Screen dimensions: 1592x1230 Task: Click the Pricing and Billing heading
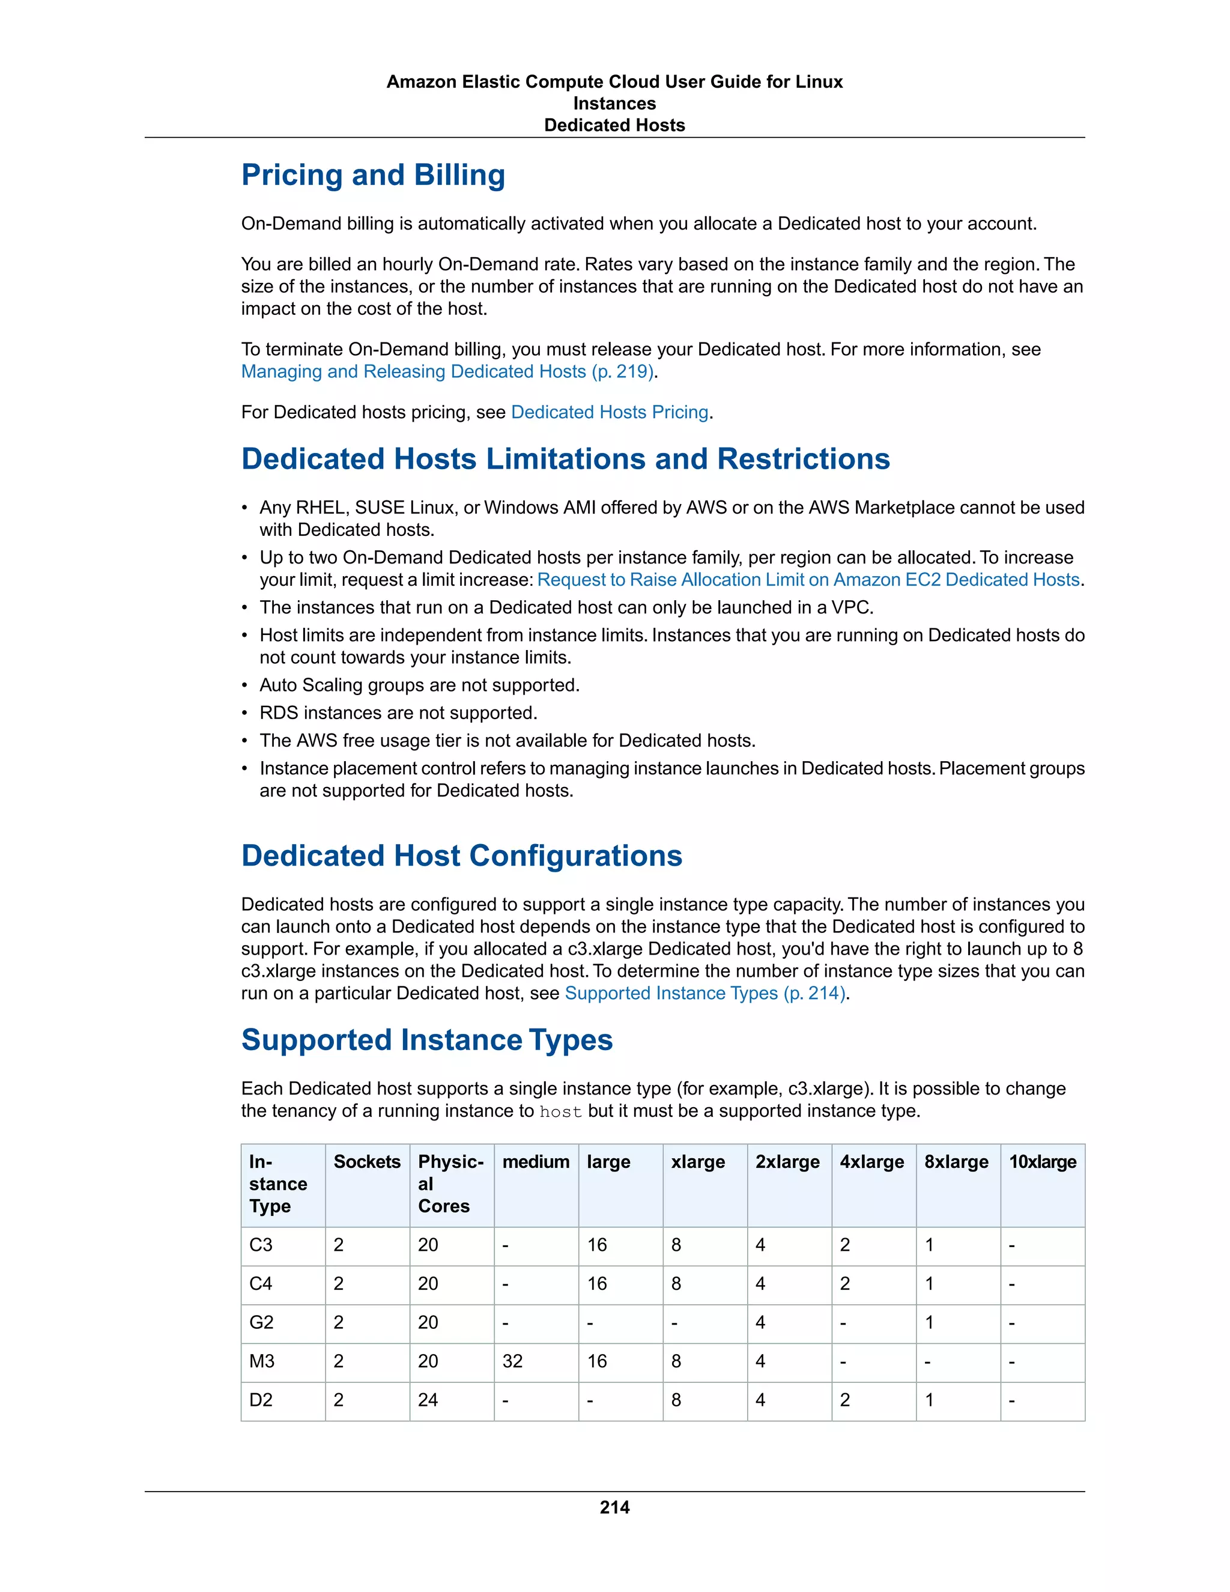coord(373,175)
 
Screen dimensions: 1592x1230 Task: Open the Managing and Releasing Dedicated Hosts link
coord(447,372)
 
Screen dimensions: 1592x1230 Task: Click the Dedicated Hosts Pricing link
coord(609,413)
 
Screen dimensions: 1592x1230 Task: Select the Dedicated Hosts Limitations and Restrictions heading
coord(565,459)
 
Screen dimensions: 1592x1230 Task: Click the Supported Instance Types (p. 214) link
coord(704,994)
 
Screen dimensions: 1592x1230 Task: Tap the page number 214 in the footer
coord(614,1507)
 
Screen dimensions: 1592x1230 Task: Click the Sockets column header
coord(366,1162)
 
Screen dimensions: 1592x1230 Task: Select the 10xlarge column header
coord(1042,1162)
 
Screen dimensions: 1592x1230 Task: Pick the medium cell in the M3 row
coord(512,1362)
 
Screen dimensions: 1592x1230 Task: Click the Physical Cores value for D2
coord(428,1400)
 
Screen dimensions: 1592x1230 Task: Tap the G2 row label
coord(262,1323)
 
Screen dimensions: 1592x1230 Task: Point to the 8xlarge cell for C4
coord(929,1284)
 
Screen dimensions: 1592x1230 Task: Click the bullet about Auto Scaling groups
coord(419,686)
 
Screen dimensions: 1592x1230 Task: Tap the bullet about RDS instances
coord(398,714)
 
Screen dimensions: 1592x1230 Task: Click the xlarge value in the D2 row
coord(676,1400)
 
